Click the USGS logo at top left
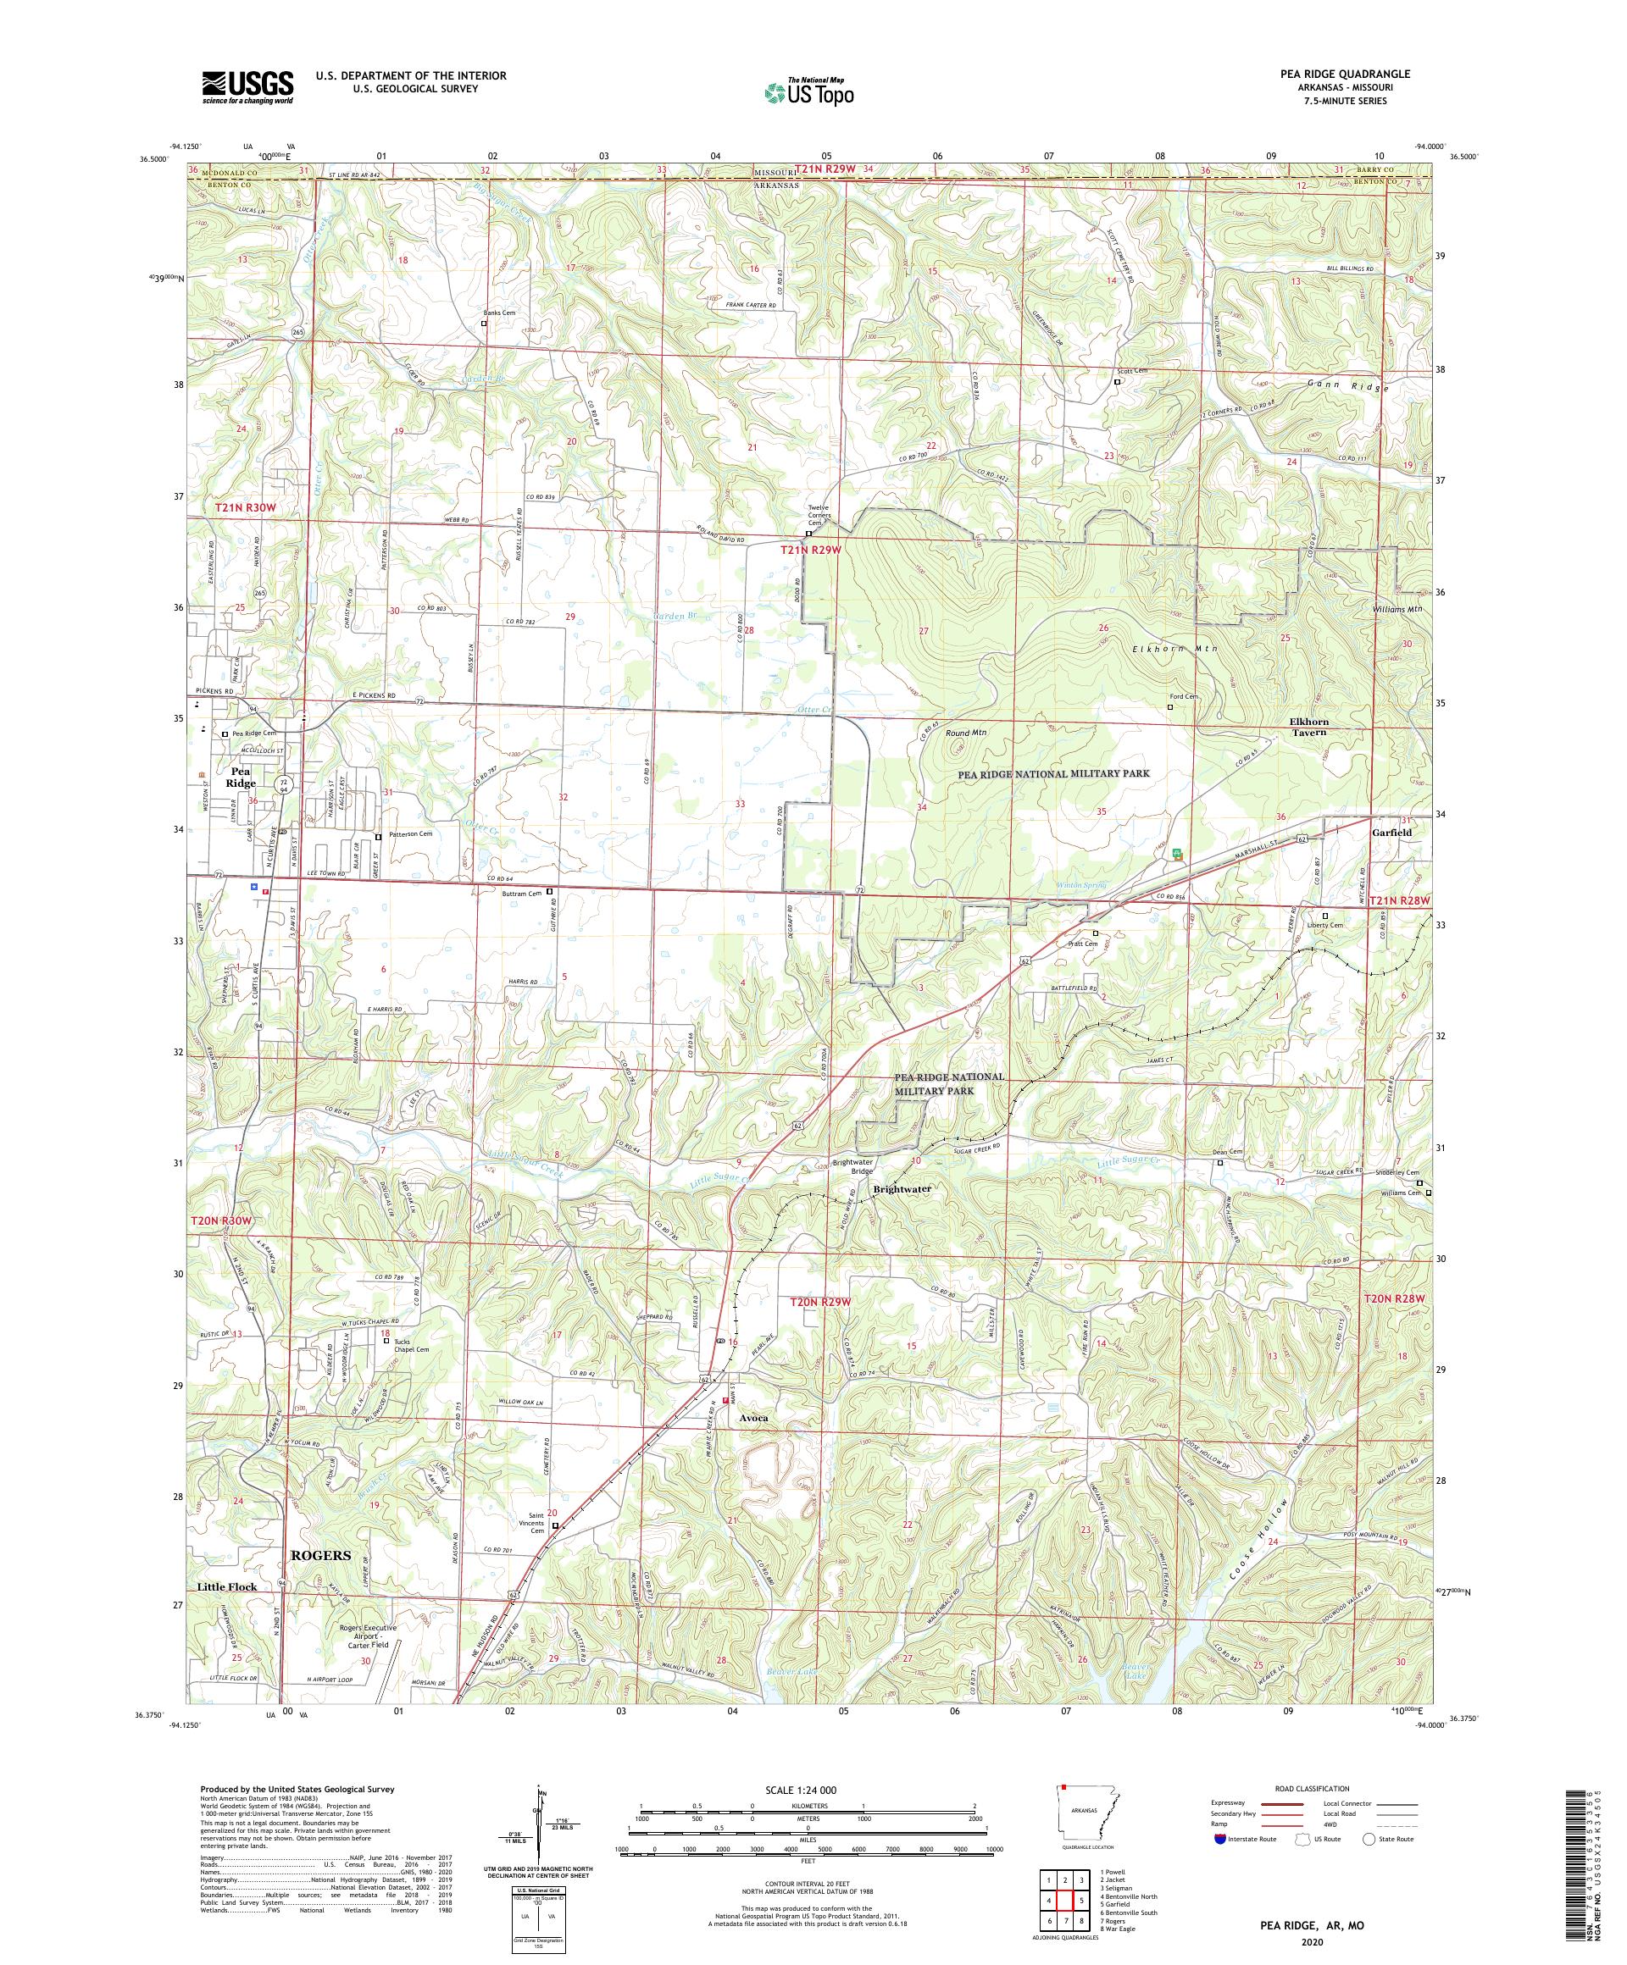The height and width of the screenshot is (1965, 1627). tap(248, 88)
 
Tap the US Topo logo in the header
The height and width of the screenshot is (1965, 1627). tap(810, 91)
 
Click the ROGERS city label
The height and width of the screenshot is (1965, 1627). tap(321, 1555)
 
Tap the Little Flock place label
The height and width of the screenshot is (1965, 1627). tap(226, 1587)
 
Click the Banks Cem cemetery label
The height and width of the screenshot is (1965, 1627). tap(499, 313)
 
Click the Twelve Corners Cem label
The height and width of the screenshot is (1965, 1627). tap(819, 516)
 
